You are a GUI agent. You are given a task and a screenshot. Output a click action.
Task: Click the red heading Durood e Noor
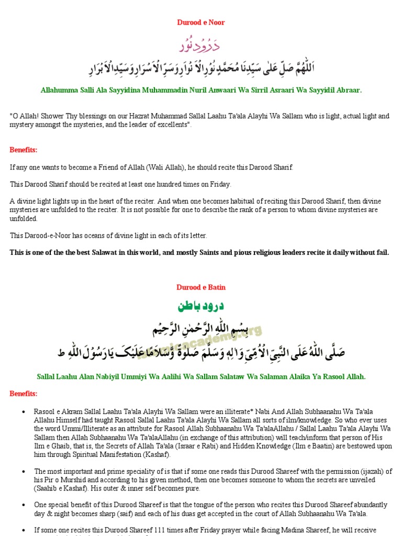coord(201,23)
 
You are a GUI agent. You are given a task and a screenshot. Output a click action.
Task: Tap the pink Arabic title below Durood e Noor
coord(201,46)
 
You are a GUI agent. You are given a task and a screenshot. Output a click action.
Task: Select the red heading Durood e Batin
coord(201,287)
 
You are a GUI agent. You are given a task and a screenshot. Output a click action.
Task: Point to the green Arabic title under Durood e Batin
coord(201,306)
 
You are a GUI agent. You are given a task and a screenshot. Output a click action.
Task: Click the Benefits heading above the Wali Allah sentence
coord(24,150)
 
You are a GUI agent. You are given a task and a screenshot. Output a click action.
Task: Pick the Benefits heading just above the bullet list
coord(24,394)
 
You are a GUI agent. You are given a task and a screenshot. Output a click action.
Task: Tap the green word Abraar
coord(346,90)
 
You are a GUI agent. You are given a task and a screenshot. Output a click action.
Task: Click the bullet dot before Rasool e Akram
coord(24,412)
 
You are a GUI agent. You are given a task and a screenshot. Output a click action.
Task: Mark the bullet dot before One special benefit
coord(24,505)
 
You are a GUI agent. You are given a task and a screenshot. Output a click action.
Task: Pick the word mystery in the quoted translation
coord(23,125)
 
